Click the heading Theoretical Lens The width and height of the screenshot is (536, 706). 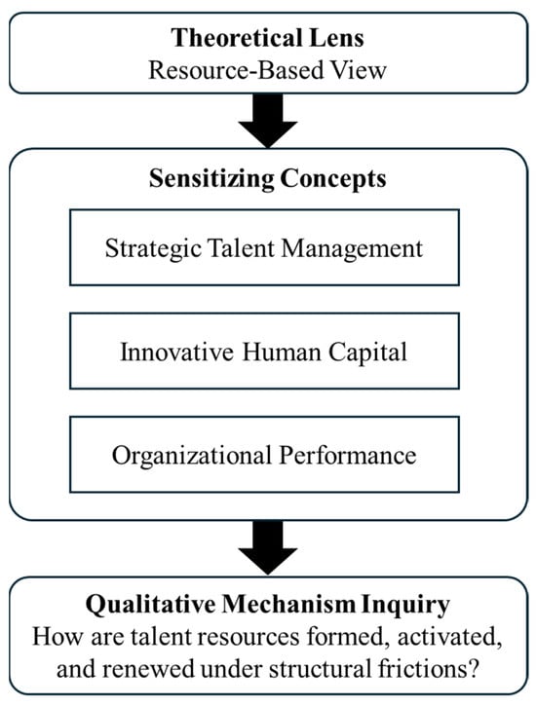tap(268, 38)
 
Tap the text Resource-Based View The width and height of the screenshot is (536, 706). tap(268, 71)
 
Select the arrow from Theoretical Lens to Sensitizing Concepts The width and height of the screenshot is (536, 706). tap(268, 120)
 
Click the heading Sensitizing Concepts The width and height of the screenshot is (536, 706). tap(268, 179)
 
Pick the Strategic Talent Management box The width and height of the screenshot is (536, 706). tap(264, 247)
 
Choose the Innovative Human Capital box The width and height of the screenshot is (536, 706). tap(264, 351)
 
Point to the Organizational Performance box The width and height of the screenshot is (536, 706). tap(264, 455)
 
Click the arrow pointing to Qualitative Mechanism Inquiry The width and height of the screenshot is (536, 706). tap(268, 547)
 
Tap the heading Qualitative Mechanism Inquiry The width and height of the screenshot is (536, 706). tap(268, 605)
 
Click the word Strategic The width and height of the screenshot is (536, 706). tap(153, 248)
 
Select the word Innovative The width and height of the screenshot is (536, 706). tap(177, 352)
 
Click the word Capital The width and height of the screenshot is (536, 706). tap(367, 353)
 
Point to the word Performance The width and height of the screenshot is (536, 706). tap(348, 455)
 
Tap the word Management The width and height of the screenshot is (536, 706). tap(352, 248)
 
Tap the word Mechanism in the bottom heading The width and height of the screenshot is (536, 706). tap(288, 604)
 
